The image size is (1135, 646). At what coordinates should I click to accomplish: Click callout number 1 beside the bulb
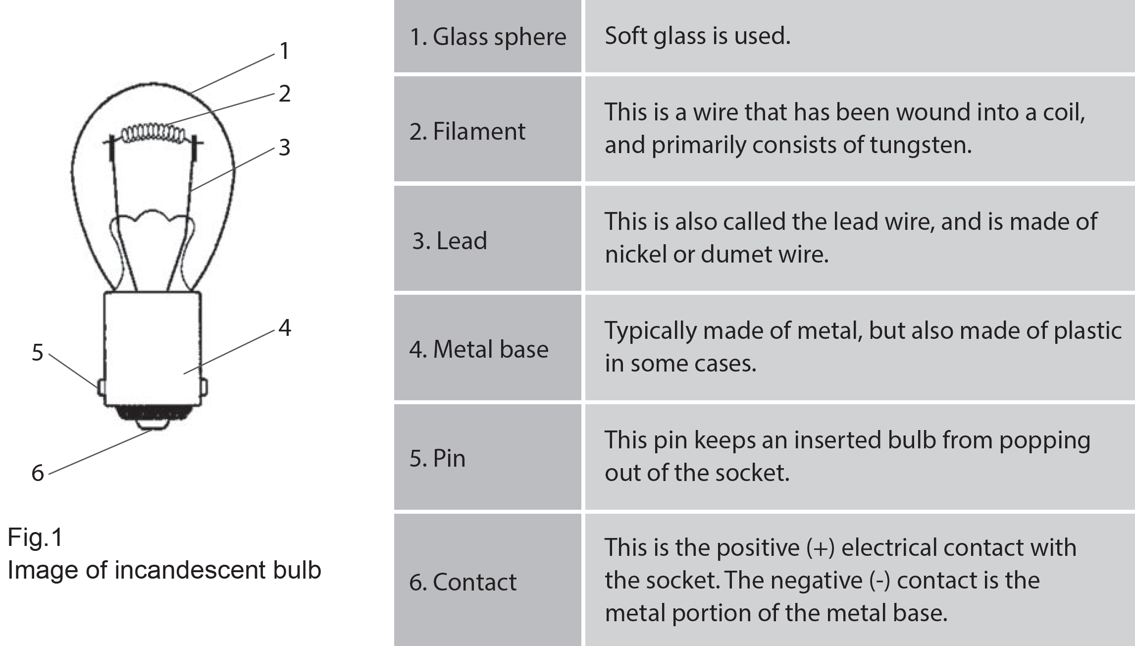click(284, 51)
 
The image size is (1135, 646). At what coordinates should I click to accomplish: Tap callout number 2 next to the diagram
click(284, 94)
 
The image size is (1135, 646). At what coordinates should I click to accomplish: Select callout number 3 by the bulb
click(284, 148)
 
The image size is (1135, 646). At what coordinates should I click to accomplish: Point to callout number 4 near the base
click(284, 327)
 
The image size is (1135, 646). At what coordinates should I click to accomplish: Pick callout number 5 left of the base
click(38, 353)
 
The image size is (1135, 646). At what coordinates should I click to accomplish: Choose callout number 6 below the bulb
click(38, 473)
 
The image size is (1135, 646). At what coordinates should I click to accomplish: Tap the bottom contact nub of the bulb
click(153, 424)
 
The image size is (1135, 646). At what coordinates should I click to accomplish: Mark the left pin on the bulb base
click(101, 387)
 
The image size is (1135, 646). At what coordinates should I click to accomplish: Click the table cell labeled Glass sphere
click(488, 37)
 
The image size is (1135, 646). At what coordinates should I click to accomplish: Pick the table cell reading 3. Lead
click(450, 241)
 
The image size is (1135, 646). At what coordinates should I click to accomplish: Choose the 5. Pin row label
click(437, 458)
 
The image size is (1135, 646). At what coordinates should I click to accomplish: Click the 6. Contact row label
click(463, 582)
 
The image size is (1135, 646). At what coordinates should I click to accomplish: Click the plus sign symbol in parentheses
click(821, 548)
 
